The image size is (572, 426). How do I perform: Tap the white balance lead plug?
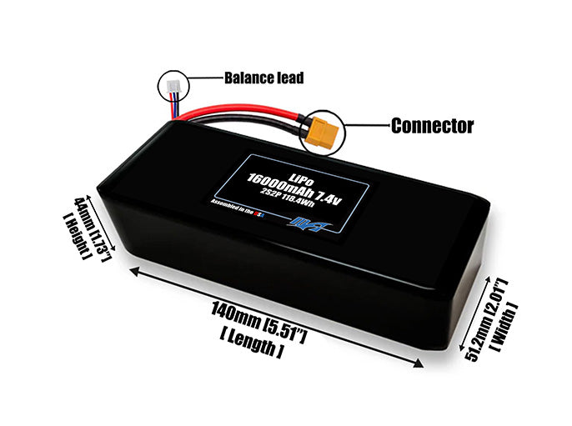(173, 84)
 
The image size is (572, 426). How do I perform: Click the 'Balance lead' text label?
(263, 78)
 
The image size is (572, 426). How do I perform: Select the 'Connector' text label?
(432, 127)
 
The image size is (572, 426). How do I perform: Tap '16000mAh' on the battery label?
(279, 181)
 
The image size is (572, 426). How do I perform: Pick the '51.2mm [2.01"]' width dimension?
(483, 318)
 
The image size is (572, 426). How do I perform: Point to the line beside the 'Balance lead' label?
(203, 78)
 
